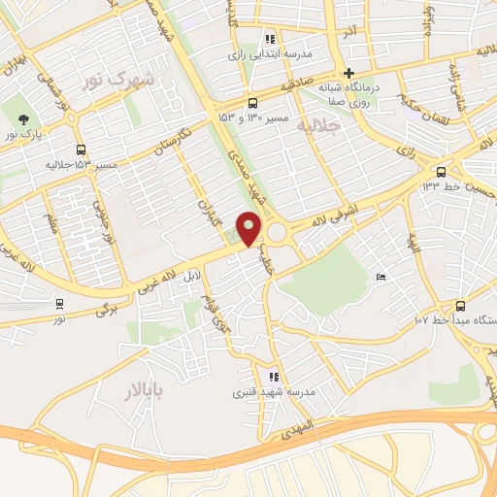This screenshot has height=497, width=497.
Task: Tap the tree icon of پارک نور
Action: tap(22, 121)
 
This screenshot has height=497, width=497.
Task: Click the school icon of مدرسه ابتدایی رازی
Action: tap(270, 40)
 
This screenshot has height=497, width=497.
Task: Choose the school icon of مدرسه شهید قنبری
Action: tap(275, 377)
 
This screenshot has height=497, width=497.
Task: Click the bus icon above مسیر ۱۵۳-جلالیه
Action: tap(80, 149)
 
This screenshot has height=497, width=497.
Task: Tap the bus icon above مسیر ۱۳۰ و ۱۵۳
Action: tap(253, 103)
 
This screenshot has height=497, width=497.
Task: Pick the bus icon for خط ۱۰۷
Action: tap(459, 304)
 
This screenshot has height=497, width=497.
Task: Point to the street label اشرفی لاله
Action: tap(346, 214)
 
